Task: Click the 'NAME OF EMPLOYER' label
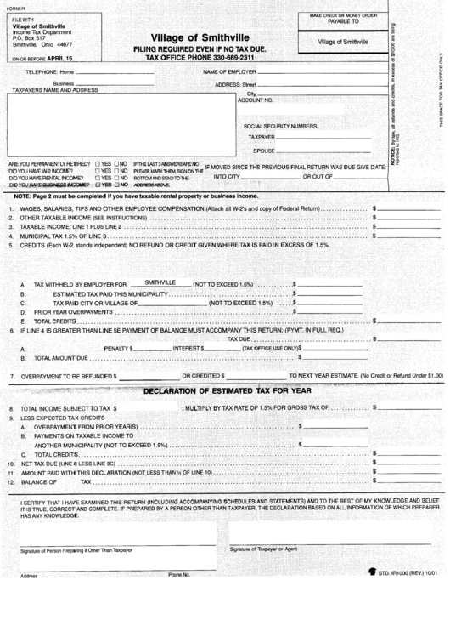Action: pos(229,73)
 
